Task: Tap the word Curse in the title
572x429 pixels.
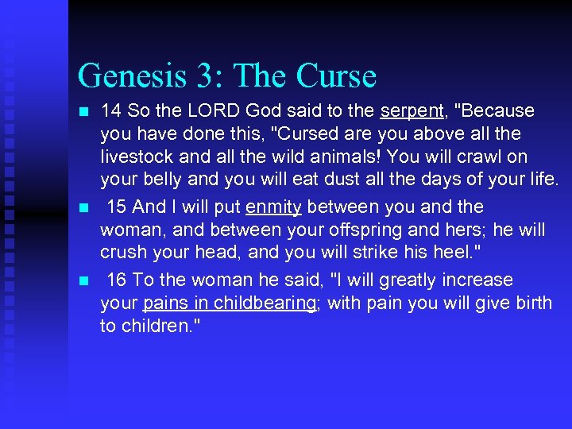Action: pos(336,77)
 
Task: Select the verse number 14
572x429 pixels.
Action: pos(111,110)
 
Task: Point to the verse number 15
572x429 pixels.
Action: pos(117,207)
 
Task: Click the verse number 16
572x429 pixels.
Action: pos(117,280)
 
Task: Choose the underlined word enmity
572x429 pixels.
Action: pos(273,207)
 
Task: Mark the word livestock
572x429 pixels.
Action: pos(137,157)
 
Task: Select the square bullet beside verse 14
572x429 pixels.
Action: pos(83,112)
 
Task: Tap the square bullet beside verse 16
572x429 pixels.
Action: pos(83,281)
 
